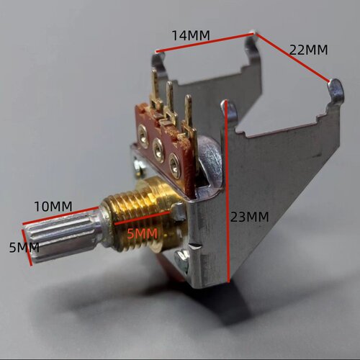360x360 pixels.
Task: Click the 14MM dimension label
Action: pyautogui.click(x=191, y=35)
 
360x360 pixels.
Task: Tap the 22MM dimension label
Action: pyautogui.click(x=308, y=50)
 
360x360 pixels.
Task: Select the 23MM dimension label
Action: pyautogui.click(x=250, y=217)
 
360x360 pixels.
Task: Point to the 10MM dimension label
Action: pyautogui.click(x=53, y=207)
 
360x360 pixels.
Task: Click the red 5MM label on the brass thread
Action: pyautogui.click(x=143, y=233)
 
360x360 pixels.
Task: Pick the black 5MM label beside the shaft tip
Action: pyautogui.click(x=24, y=247)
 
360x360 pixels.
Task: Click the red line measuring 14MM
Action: pyautogui.click(x=205, y=42)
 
